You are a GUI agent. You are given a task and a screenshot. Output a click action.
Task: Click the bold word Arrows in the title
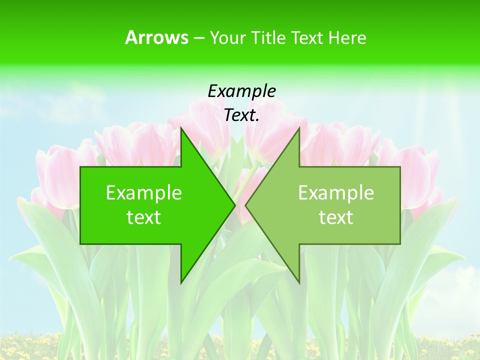[156, 37]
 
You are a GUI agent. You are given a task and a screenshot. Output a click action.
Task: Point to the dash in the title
[198, 38]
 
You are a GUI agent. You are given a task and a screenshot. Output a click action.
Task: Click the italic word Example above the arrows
[241, 91]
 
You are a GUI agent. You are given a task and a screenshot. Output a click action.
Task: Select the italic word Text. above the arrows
[241, 115]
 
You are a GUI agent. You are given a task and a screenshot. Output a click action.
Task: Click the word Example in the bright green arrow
[144, 192]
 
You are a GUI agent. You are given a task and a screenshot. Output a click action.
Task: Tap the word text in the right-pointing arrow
[144, 217]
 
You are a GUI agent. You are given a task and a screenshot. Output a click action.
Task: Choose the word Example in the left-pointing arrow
[336, 192]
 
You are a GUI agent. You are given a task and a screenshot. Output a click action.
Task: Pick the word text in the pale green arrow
[336, 217]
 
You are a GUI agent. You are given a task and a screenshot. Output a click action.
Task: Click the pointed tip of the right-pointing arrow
[234, 205]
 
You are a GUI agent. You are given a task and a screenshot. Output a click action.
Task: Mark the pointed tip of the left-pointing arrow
[245, 205]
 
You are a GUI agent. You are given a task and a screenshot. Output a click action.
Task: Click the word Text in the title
[306, 38]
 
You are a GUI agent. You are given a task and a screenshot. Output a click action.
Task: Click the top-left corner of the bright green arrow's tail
[81, 167]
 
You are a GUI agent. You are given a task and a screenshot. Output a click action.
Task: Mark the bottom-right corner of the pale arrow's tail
[399, 243]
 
